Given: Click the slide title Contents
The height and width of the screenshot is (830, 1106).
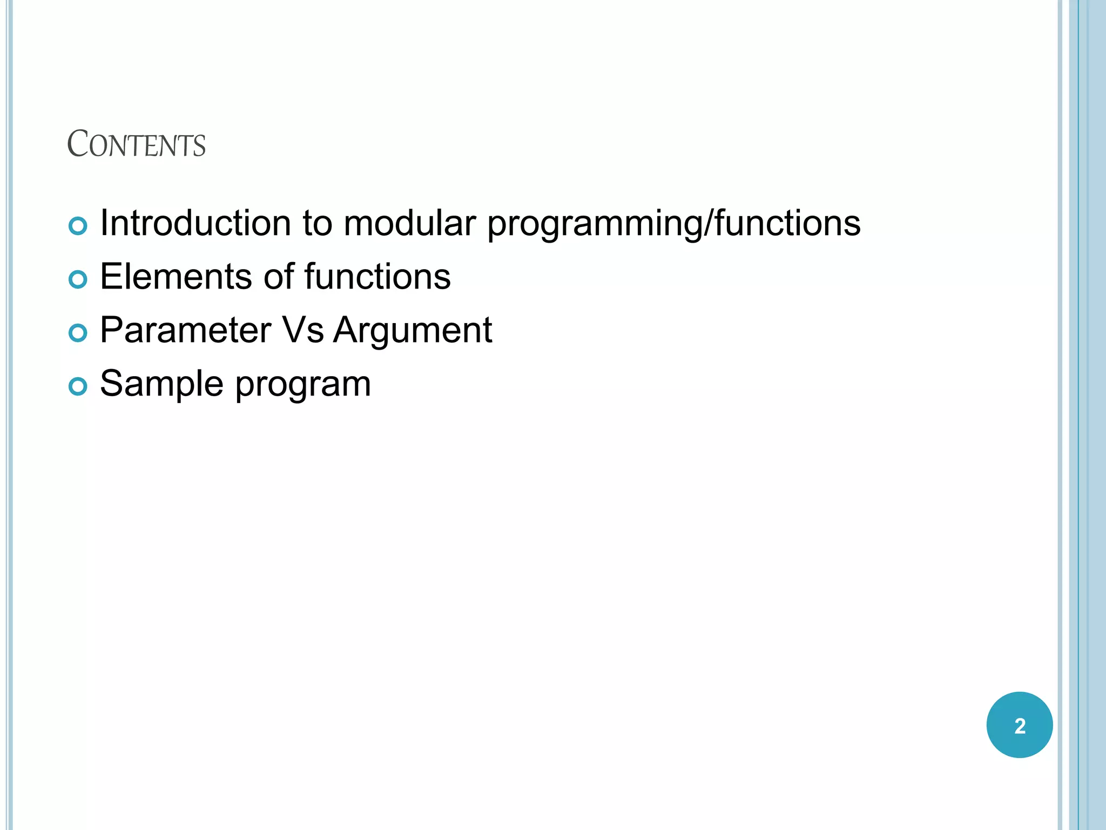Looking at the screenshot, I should (x=136, y=144).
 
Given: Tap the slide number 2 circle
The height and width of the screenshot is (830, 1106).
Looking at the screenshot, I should (x=1019, y=725).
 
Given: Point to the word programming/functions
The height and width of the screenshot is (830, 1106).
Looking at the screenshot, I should (x=673, y=224).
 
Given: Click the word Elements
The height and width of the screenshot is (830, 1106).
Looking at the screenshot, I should (x=176, y=276).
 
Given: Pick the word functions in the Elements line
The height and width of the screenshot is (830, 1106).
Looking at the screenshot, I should (x=377, y=276).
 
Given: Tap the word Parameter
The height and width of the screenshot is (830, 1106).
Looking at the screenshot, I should (x=185, y=330).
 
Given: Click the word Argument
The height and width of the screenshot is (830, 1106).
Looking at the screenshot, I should (x=413, y=330).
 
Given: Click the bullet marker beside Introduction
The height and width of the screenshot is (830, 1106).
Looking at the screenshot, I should (x=78, y=226).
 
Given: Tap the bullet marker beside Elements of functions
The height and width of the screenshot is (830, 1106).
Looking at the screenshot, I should (x=78, y=279).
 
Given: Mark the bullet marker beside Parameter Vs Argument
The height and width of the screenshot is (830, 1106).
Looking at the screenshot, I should (x=78, y=333).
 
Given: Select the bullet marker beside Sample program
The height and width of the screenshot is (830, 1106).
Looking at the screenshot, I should (x=78, y=386).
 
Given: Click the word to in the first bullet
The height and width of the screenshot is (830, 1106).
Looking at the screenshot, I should (x=317, y=223).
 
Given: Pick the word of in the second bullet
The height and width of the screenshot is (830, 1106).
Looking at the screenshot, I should (x=279, y=276).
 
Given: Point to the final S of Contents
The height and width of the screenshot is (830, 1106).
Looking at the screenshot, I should (x=200, y=147).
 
